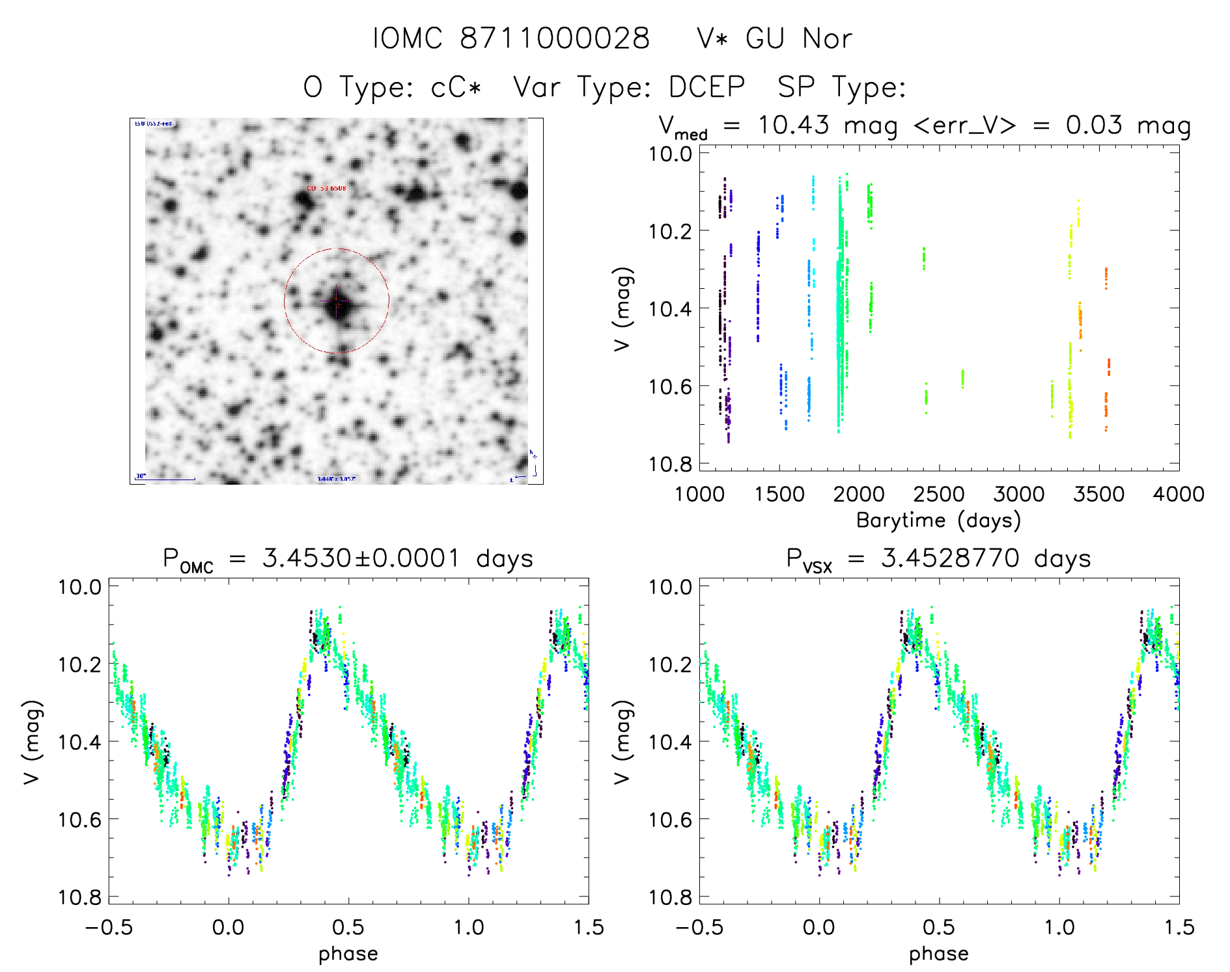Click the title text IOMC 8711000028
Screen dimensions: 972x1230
click(511, 39)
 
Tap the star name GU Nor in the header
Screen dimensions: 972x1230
click(798, 39)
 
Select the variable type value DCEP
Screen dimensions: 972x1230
click(707, 87)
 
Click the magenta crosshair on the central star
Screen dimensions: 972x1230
click(337, 302)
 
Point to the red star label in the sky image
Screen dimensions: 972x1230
click(326, 189)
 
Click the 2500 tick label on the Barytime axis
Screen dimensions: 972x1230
click(938, 494)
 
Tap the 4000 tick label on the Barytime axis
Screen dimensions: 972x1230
click(1178, 494)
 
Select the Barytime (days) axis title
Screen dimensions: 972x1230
click(938, 520)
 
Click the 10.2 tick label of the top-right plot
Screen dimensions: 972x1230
click(669, 231)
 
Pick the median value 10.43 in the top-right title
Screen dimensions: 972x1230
click(793, 125)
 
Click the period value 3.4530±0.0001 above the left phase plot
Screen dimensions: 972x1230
click(361, 558)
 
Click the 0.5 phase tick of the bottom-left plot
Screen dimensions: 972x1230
click(348, 927)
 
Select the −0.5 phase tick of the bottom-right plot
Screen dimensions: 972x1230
click(699, 927)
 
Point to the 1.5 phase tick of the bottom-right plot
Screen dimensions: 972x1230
click(1179, 927)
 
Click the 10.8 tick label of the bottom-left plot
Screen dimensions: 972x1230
click(79, 898)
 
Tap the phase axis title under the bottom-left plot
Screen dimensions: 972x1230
click(348, 954)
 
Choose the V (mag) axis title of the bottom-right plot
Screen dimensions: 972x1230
click(622, 742)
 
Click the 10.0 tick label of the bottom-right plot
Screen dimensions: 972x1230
click(669, 587)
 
